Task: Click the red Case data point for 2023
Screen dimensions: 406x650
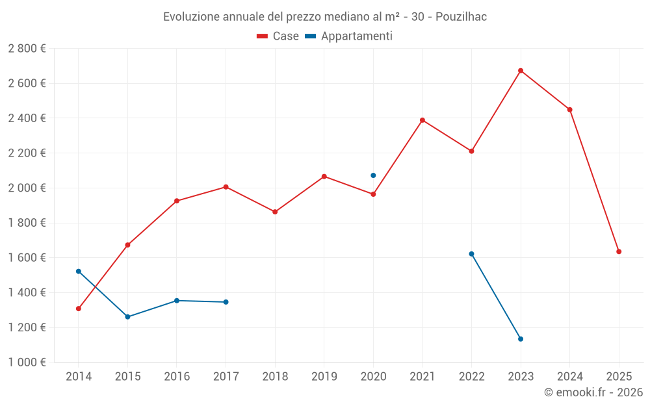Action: pos(521,71)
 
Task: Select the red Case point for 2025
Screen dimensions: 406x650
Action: pos(619,251)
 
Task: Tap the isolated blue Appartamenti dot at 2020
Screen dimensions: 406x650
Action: pos(373,175)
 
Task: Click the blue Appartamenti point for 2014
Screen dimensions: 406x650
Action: pos(79,272)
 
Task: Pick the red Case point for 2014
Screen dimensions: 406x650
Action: pos(79,309)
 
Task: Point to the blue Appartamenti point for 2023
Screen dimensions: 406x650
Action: pos(521,339)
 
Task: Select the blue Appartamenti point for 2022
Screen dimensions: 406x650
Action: pos(471,254)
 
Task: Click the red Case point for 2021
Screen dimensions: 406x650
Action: pos(422,120)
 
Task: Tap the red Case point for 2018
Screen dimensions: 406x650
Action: pos(275,212)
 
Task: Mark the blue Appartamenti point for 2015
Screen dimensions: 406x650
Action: pos(127,317)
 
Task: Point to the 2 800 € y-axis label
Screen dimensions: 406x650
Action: pos(27,49)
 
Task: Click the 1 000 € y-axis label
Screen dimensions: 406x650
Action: pos(27,362)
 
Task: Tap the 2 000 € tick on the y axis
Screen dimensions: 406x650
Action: pos(27,188)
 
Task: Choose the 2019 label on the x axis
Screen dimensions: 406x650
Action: pos(324,377)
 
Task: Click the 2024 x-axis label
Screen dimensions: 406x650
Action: pos(569,377)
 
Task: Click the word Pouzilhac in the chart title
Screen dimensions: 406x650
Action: pos(461,17)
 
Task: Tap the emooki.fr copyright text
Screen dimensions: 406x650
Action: pos(593,392)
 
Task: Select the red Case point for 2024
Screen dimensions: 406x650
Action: pos(569,110)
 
